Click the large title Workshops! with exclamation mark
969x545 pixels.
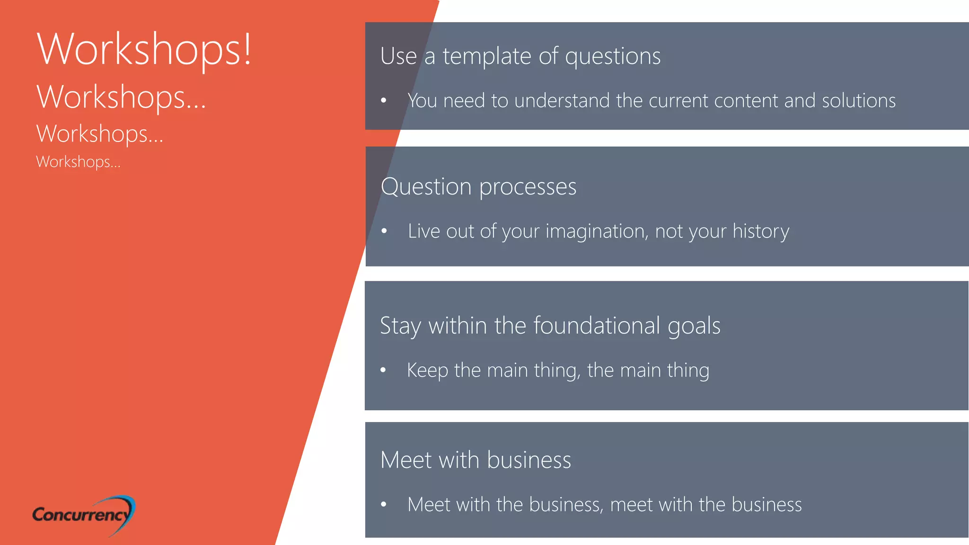144,50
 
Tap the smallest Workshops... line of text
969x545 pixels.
78,162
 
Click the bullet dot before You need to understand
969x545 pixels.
384,100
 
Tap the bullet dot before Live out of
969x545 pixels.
384,231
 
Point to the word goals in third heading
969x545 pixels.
694,326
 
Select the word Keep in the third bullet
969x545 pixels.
427,370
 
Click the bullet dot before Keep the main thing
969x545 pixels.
383,370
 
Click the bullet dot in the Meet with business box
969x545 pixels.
384,505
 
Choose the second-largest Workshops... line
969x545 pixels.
121,97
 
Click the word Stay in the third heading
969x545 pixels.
400,326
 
